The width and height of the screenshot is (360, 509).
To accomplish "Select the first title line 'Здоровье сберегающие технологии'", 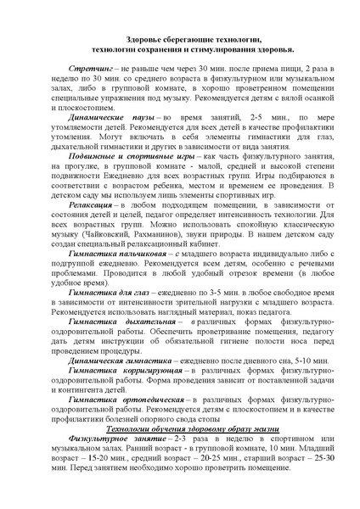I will tap(180, 40).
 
